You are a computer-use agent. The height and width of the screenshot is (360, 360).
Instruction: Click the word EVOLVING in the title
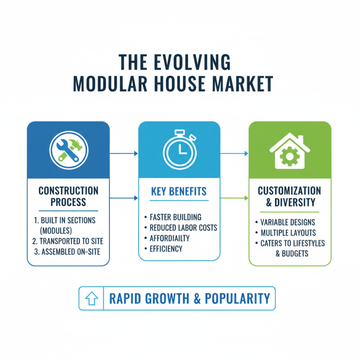pos(192,62)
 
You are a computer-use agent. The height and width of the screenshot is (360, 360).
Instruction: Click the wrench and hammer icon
pos(69,150)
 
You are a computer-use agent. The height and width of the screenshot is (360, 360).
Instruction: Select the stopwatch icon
pos(180,149)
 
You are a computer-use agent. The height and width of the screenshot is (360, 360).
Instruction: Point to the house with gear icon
pos(290,151)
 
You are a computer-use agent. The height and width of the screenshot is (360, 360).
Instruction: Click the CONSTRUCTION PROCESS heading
pos(68,197)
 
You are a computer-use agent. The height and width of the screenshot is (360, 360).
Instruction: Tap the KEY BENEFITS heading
pos(179,192)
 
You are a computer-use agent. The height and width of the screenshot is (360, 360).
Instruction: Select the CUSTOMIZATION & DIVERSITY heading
pos(289,197)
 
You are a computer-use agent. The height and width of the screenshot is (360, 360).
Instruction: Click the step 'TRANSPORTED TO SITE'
pos(68,241)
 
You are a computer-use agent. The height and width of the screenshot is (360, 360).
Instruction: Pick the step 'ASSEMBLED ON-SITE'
pos(67,252)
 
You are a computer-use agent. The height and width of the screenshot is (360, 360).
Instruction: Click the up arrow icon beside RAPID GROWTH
pos(92,298)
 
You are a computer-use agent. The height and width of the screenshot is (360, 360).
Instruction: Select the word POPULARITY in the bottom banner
pos(238,298)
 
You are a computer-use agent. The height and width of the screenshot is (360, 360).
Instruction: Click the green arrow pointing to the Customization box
pos(234,198)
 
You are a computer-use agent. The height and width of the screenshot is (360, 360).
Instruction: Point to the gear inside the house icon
pos(290,157)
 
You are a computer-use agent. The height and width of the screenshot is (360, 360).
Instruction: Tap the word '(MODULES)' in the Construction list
pos(56,231)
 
